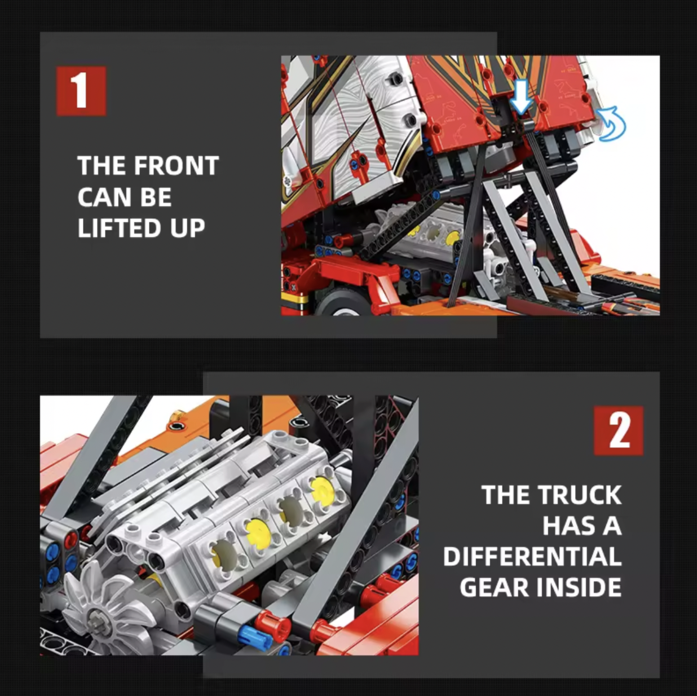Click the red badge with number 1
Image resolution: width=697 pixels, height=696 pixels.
[81, 91]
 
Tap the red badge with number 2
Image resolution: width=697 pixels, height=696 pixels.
[619, 431]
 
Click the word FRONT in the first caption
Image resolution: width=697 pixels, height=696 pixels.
[177, 165]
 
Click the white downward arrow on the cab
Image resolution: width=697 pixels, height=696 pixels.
[520, 96]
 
